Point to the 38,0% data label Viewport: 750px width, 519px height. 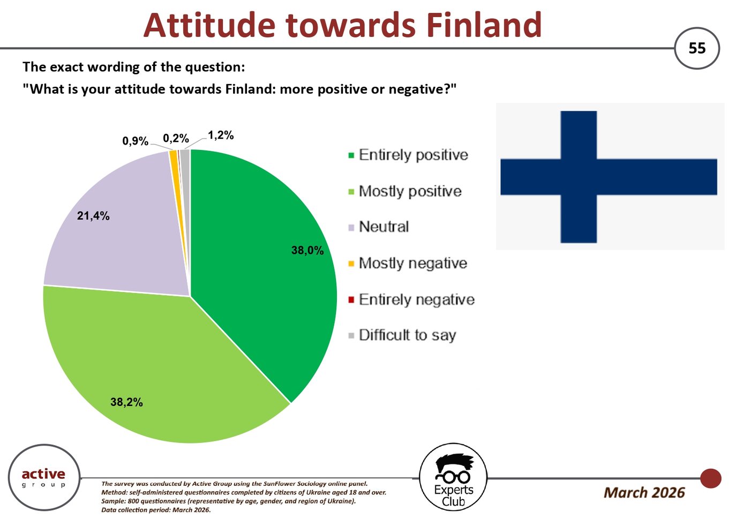click(x=307, y=250)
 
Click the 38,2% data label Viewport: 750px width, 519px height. click(x=126, y=402)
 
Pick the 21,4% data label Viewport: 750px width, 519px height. click(x=93, y=216)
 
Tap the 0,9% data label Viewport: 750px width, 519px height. click(x=135, y=141)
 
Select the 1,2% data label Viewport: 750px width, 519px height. click(x=221, y=135)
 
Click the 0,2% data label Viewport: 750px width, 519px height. click(x=176, y=138)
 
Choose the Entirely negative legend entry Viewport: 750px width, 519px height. click(x=411, y=299)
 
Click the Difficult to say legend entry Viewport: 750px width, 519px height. click(x=402, y=335)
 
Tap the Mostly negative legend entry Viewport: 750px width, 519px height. click(x=408, y=263)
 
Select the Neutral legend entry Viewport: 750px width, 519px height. click(x=378, y=227)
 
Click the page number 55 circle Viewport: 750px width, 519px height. click(x=697, y=48)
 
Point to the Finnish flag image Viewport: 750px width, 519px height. click(x=610, y=176)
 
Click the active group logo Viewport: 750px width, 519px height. click(x=44, y=477)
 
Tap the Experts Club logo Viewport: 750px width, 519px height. click(x=453, y=477)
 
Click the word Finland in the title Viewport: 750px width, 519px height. click(x=484, y=25)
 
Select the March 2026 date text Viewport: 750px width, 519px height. click(x=644, y=493)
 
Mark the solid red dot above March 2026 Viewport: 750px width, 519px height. click(x=710, y=478)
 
